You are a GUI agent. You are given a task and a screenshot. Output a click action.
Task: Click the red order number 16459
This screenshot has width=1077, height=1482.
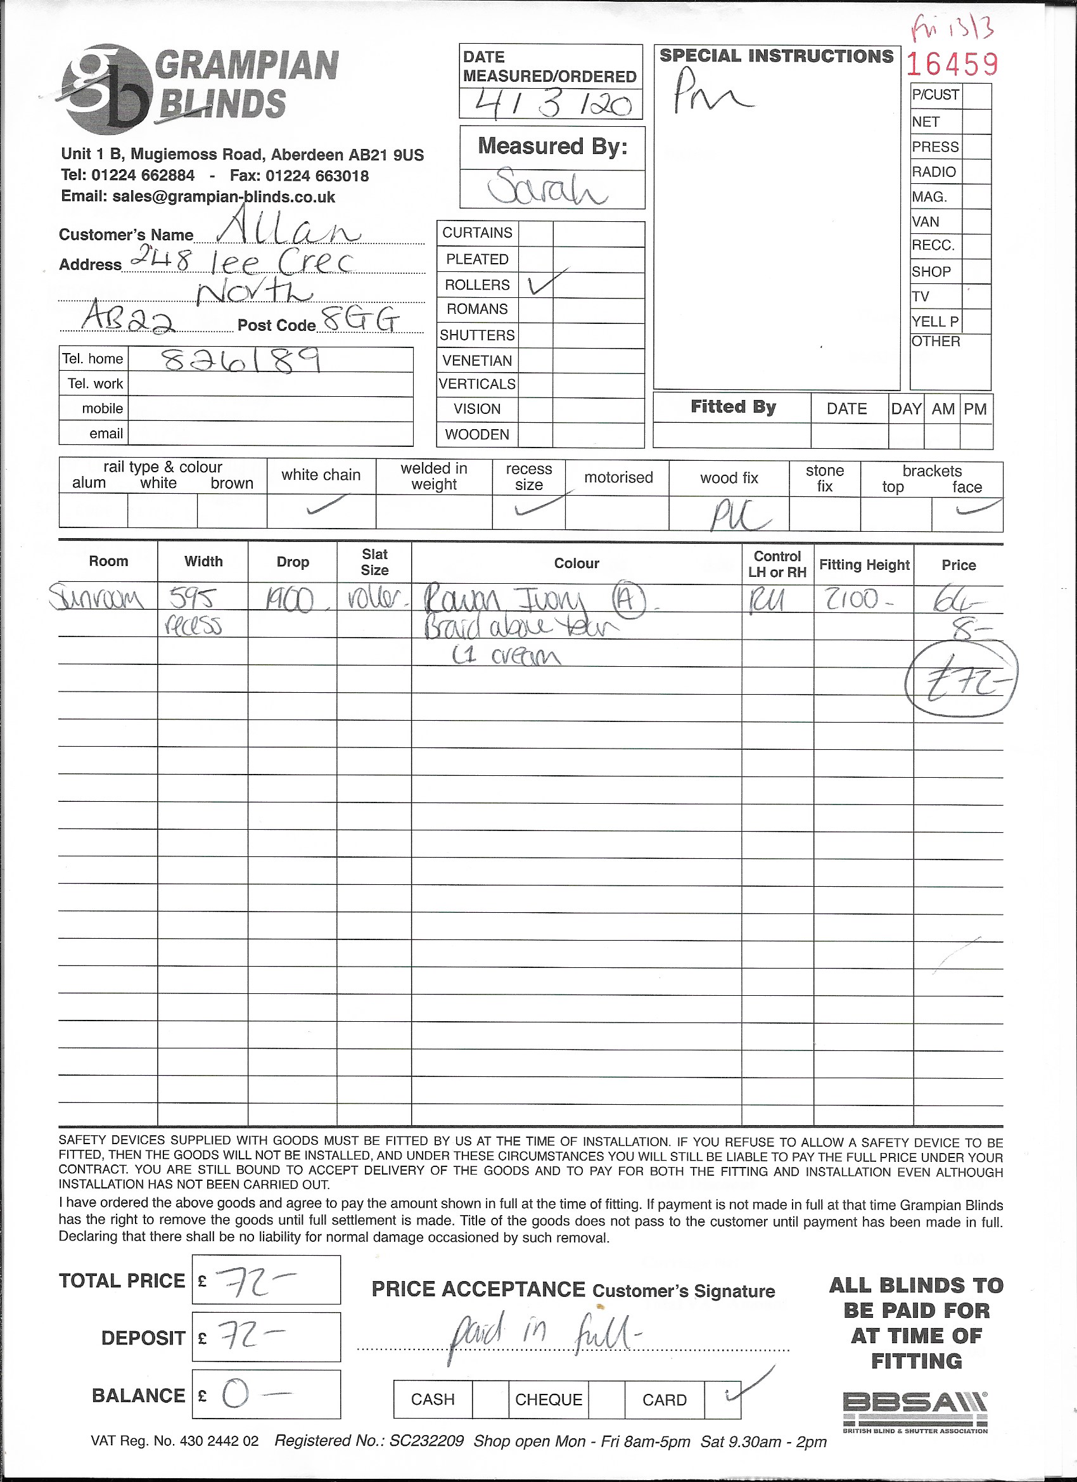click(x=952, y=64)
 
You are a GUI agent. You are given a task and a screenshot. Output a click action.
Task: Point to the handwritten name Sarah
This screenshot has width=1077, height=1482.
click(x=547, y=188)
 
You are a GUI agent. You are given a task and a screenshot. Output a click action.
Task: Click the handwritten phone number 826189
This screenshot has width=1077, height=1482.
click(x=241, y=359)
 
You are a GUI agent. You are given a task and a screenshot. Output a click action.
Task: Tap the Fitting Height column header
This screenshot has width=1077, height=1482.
click(x=864, y=565)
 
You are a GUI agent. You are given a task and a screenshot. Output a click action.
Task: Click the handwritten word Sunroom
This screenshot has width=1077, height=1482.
click(x=97, y=598)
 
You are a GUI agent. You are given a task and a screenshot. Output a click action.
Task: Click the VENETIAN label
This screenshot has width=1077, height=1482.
click(x=477, y=361)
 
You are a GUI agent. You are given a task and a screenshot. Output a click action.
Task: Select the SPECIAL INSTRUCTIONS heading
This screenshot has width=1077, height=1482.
click(x=776, y=56)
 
